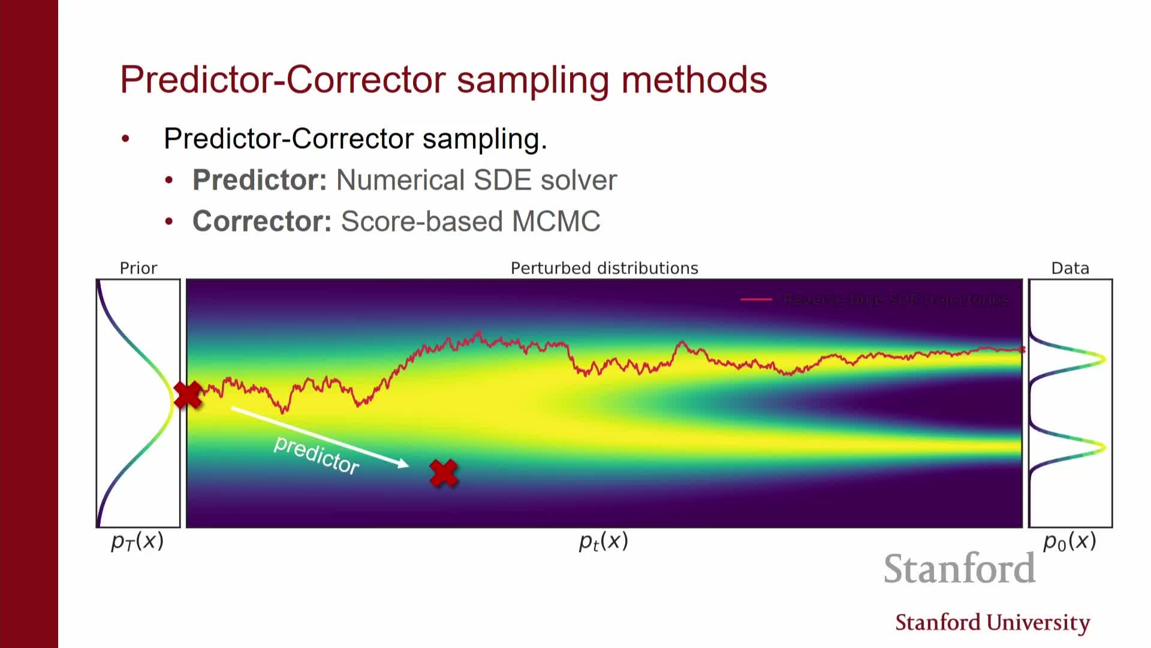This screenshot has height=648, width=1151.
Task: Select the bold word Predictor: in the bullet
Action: pyautogui.click(x=260, y=180)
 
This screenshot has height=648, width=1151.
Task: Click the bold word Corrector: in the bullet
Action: pyautogui.click(x=262, y=221)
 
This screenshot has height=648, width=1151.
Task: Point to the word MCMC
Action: pyautogui.click(x=556, y=221)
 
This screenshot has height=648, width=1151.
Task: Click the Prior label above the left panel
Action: pyautogui.click(x=138, y=268)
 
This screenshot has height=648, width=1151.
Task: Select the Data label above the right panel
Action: pyautogui.click(x=1070, y=268)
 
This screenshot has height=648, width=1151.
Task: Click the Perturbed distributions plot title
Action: pyautogui.click(x=604, y=268)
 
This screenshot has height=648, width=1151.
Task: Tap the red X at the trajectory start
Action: pyautogui.click(x=188, y=395)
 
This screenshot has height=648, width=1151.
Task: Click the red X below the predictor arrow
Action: pyautogui.click(x=444, y=473)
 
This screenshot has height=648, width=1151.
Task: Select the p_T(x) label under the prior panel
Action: pyautogui.click(x=137, y=541)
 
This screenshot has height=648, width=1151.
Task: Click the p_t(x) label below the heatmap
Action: pyautogui.click(x=603, y=541)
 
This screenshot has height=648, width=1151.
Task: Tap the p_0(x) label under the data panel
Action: pyautogui.click(x=1069, y=541)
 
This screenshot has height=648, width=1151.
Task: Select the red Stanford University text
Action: pyautogui.click(x=992, y=623)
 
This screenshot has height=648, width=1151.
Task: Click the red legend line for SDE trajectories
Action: pyautogui.click(x=756, y=299)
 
